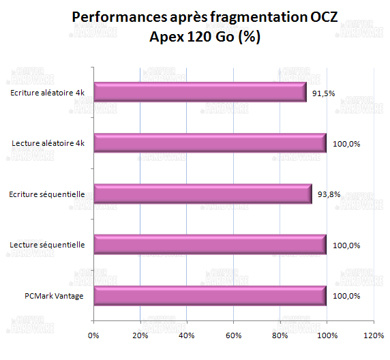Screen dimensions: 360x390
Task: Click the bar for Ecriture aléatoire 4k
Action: tap(200, 92)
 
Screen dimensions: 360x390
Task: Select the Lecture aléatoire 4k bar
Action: tap(209, 143)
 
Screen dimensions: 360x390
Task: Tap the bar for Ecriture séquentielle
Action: tap(202, 194)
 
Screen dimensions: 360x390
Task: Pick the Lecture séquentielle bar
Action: tap(209, 245)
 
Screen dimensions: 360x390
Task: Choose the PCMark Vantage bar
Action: tap(209, 296)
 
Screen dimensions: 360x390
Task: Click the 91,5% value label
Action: tap(322, 93)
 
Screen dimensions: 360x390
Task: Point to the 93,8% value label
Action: tap(329, 194)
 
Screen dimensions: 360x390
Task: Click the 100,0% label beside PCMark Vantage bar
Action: tap(346, 297)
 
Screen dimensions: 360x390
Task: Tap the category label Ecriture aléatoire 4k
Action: tap(48, 92)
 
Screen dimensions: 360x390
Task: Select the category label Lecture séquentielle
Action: tap(48, 245)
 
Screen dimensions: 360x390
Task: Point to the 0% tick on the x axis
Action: tap(93, 335)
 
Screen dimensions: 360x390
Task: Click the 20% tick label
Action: tap(140, 335)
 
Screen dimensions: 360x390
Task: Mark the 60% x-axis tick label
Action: tap(233, 335)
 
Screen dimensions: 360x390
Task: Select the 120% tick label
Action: tap(373, 335)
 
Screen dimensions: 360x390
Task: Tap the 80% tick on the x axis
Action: tap(280, 335)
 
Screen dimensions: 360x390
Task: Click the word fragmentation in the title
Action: tap(234, 18)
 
